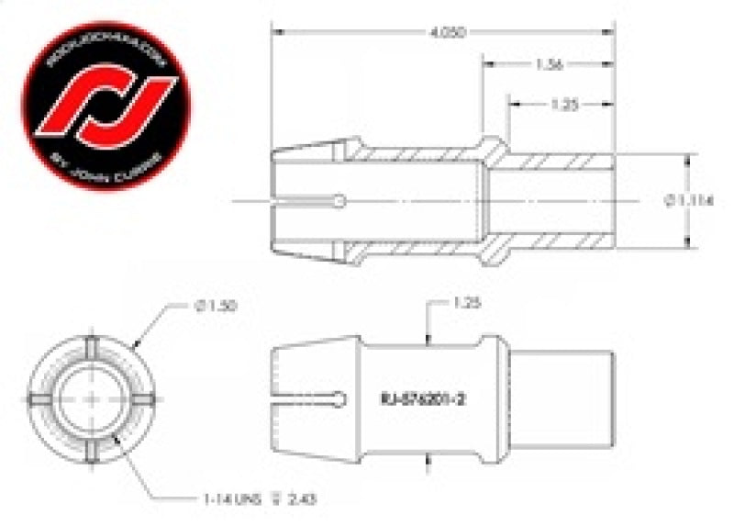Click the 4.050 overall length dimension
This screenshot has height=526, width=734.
tap(442, 30)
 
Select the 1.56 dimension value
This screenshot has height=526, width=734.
tap(549, 64)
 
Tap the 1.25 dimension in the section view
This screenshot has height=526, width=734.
tap(562, 105)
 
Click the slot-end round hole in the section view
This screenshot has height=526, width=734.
tap(341, 200)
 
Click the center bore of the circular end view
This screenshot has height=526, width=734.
tap(94, 397)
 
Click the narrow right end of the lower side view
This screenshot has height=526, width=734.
tap(560, 397)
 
